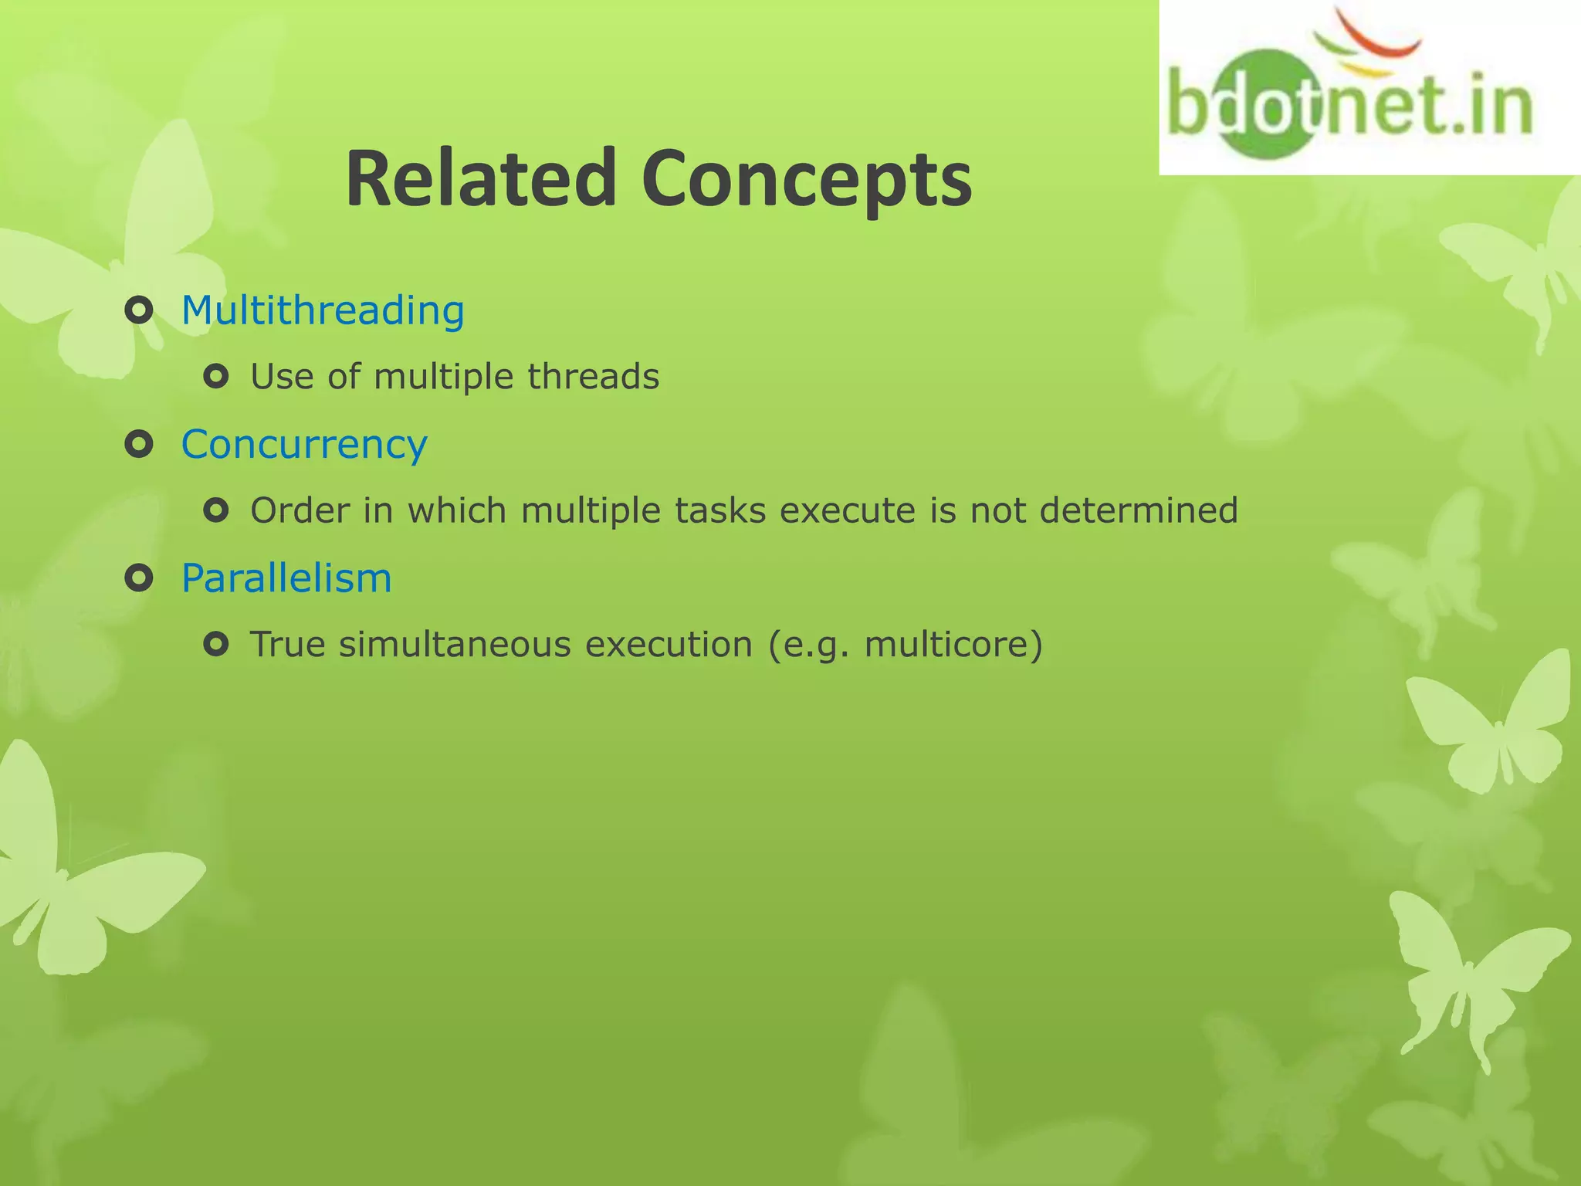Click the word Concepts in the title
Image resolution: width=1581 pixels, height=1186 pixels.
click(x=807, y=179)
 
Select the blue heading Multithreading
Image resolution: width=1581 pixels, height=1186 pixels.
click(x=323, y=310)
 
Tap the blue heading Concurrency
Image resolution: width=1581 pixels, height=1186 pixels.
click(x=304, y=445)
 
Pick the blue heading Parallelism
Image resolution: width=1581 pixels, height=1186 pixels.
click(x=286, y=578)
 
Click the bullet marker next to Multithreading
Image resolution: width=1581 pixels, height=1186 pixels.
click(x=139, y=311)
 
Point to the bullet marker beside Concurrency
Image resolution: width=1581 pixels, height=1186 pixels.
click(x=139, y=445)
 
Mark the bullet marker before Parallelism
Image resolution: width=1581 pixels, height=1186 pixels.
click(x=139, y=578)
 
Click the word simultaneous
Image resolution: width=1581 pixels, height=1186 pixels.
click(x=454, y=645)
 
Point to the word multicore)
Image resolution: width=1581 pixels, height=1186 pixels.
click(x=953, y=645)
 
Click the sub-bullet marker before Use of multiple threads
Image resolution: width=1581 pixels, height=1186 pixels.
click(x=216, y=377)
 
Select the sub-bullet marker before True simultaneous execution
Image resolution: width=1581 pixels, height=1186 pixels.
click(x=216, y=644)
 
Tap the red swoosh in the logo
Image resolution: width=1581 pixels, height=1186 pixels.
click(x=1382, y=35)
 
